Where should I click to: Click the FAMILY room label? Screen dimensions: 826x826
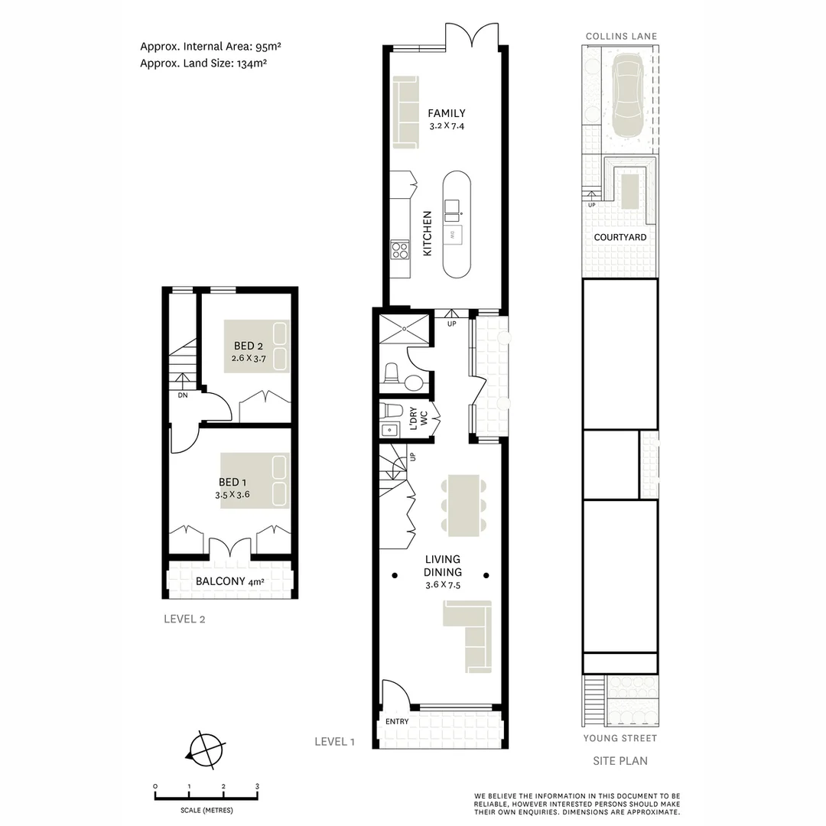tap(447, 113)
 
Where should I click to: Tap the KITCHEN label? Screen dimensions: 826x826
tap(428, 233)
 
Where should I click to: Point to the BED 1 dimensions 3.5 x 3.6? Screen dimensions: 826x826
tap(233, 495)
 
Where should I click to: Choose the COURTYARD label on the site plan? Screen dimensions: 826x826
tap(620, 237)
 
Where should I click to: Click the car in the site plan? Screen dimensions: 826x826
tap(627, 95)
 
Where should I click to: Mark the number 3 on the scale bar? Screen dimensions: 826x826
tap(258, 786)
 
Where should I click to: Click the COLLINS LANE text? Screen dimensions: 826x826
tap(620, 36)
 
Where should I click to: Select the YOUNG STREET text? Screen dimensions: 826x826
tap(620, 738)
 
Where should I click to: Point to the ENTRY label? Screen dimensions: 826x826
tap(397, 721)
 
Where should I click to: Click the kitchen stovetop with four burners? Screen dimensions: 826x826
tap(400, 249)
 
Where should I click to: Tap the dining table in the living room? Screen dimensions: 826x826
tap(463, 502)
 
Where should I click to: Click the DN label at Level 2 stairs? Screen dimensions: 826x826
tap(183, 395)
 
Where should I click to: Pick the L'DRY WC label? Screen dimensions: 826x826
tap(418, 418)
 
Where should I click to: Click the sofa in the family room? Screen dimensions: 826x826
tap(406, 112)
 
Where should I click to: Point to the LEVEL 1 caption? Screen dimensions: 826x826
tap(335, 741)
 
